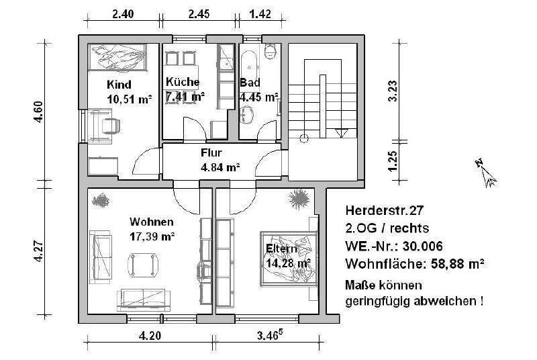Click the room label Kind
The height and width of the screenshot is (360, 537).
[x=119, y=85]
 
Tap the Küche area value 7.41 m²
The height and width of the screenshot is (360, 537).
[x=185, y=97]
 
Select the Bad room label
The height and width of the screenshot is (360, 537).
[x=250, y=83]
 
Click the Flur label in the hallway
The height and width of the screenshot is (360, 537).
[x=211, y=153]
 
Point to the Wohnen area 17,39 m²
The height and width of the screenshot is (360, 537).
[x=152, y=236]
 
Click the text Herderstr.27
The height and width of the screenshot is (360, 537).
[x=378, y=209]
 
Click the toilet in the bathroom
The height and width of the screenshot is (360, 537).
[x=271, y=52]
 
